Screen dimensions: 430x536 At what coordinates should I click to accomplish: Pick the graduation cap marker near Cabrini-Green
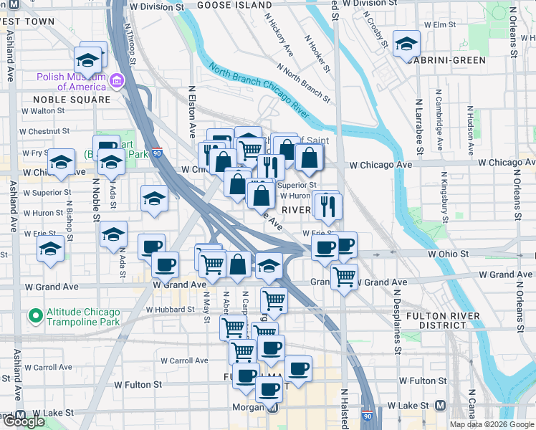pyautogui.click(x=406, y=44)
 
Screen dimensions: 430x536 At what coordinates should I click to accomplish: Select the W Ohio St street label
pyautogui.click(x=448, y=254)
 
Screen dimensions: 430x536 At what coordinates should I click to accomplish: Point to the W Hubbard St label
pyautogui.click(x=170, y=310)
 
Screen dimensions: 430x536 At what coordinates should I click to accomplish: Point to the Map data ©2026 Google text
pyautogui.click(x=491, y=424)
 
